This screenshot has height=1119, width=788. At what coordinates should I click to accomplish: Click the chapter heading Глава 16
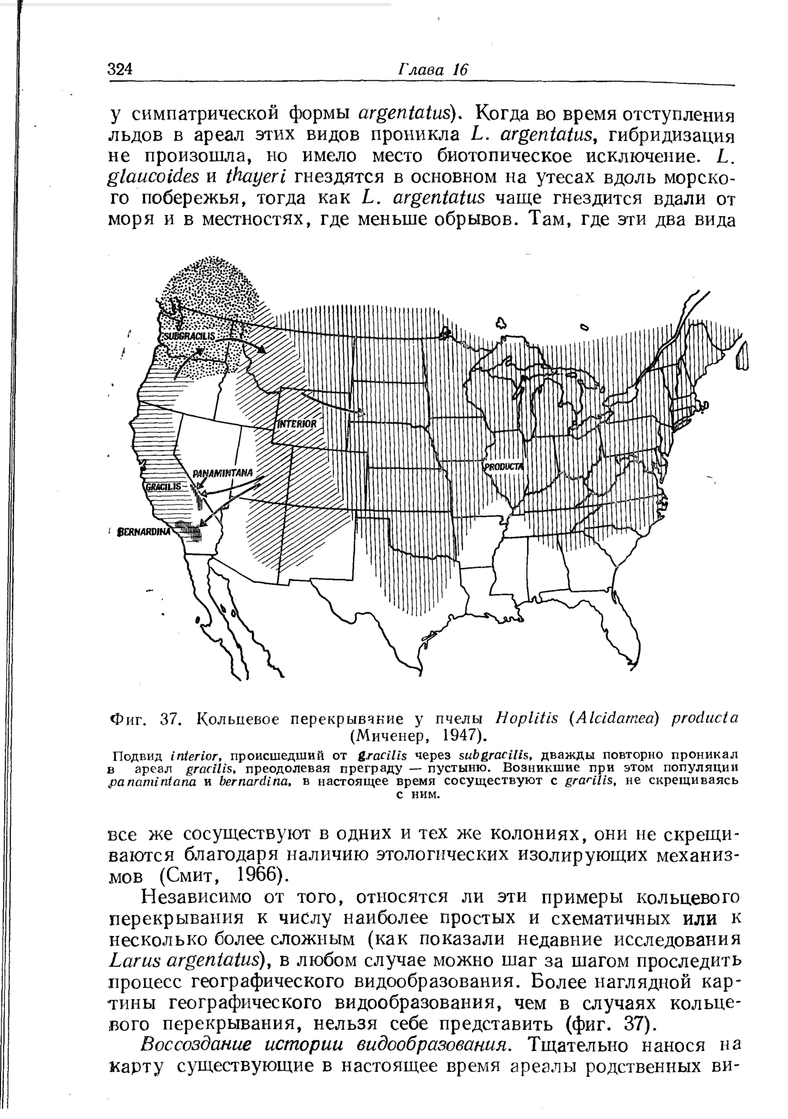point(432,69)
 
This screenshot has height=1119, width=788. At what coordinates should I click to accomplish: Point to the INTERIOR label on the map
point(297,423)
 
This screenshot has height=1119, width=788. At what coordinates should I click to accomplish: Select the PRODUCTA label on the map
point(504,467)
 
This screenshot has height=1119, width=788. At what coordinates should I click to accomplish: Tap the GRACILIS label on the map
point(163,486)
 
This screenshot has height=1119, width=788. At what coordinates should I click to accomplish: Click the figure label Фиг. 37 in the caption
point(140,719)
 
